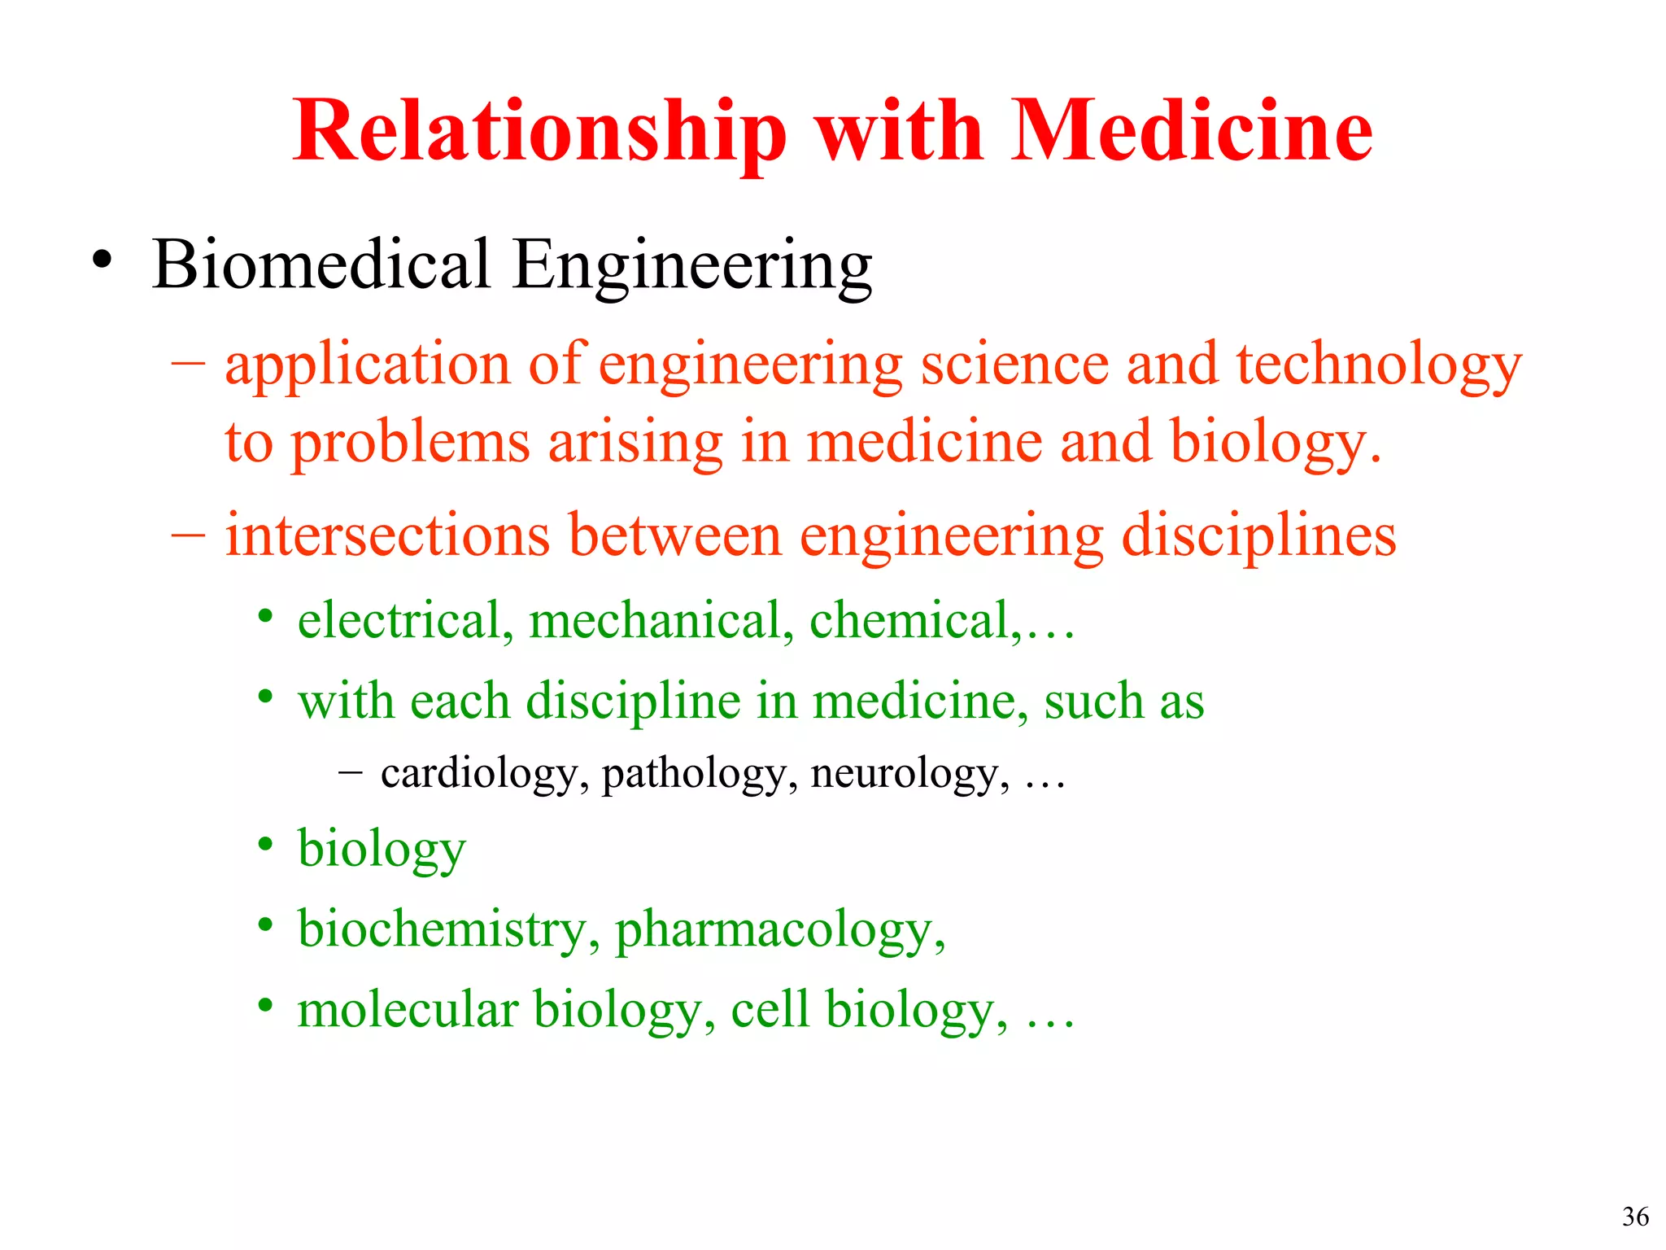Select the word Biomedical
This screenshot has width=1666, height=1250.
pos(321,264)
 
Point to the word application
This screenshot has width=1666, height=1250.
pos(367,366)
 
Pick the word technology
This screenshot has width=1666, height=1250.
pos(1379,366)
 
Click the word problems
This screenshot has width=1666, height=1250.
pos(411,444)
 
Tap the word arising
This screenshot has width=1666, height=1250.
pos(635,444)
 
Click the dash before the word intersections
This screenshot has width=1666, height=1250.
pos(188,536)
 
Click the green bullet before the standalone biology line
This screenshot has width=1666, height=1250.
pos(265,845)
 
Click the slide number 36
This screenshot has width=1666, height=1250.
pos(1635,1216)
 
